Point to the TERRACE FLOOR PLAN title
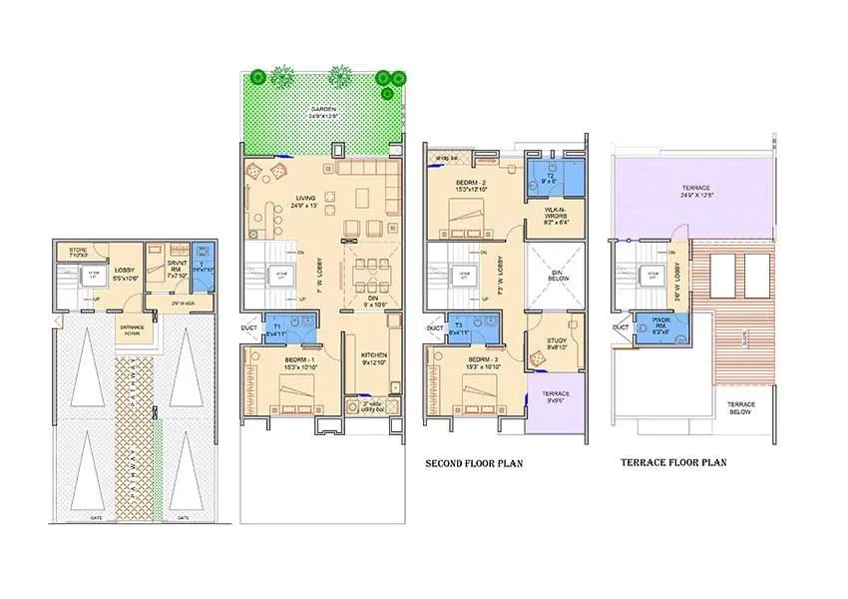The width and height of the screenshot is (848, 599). coord(673,462)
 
